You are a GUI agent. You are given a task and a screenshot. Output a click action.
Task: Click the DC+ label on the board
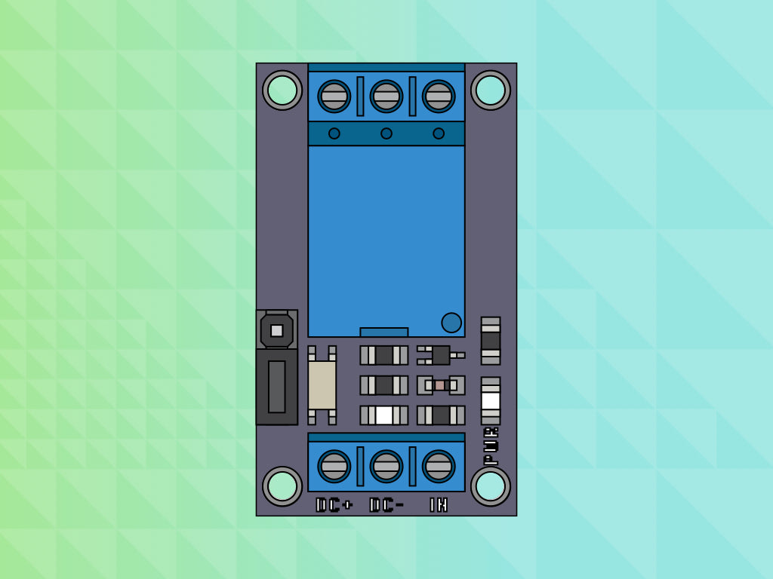click(x=334, y=505)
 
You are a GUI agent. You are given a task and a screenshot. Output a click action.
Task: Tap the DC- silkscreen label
click(x=386, y=505)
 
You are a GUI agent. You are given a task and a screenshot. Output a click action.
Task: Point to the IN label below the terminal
click(x=439, y=505)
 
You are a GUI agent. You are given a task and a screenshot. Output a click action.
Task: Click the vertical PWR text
click(x=491, y=446)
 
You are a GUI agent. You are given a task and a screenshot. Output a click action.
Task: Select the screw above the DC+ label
click(x=334, y=466)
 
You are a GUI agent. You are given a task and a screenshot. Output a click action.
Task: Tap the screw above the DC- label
click(x=386, y=466)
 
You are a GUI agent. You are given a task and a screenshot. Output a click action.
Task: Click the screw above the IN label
click(x=439, y=466)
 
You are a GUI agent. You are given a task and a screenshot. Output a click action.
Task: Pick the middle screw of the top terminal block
click(x=386, y=96)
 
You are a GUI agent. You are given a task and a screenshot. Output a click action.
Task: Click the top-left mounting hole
click(x=282, y=90)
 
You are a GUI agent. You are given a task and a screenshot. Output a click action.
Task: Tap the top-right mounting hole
click(x=491, y=90)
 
